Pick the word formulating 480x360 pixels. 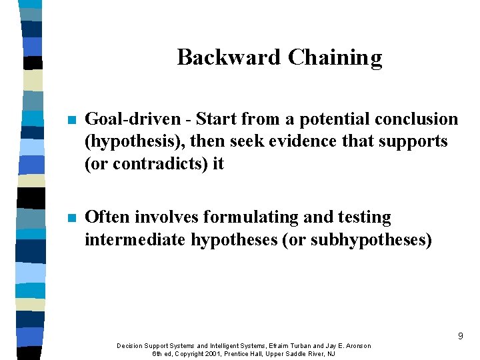click(250, 217)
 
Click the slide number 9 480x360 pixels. click(460, 337)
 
